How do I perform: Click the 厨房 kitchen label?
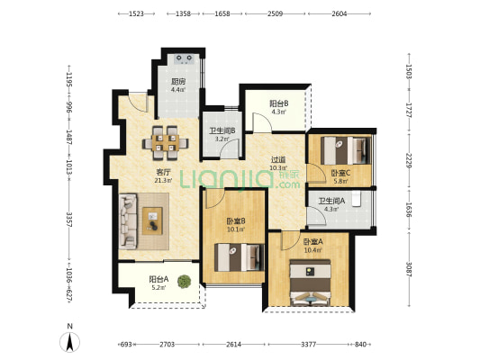coord(178,82)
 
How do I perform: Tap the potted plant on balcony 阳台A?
coord(184,282)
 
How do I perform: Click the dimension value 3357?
coord(70,220)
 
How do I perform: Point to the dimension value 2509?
coord(276,13)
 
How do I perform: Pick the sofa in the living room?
coord(128,220)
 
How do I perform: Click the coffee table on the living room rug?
coord(152,220)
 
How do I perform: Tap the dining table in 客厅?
coord(166,143)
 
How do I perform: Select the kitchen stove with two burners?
coord(184,58)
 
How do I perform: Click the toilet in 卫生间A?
coord(357,199)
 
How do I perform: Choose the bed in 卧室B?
coord(239,257)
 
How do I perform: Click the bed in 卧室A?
coord(311,283)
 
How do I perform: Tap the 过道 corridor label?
coord(278,159)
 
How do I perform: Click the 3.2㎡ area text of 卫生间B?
coord(222,139)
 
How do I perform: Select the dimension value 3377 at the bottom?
coord(308,345)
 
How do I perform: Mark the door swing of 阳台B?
coord(262,122)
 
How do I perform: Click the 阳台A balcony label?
coord(158,279)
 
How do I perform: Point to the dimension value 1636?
coord(409,210)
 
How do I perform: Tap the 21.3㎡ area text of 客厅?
coord(163,180)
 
